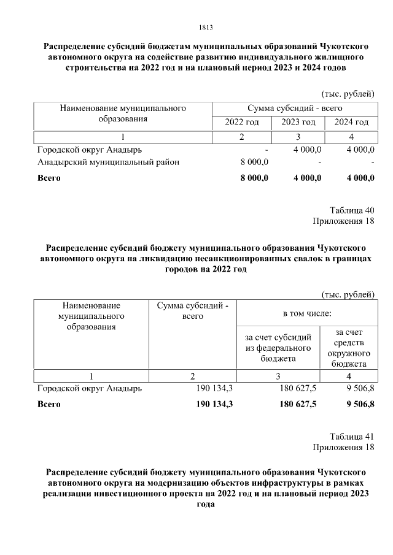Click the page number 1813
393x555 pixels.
tap(206, 28)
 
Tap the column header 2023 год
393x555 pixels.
tap(298, 122)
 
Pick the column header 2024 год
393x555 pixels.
tap(351, 122)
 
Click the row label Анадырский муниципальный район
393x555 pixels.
tap(108, 162)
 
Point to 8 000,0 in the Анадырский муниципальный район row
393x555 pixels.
tap(254, 162)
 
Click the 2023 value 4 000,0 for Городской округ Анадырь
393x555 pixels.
tap(308, 149)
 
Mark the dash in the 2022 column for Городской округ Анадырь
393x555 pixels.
tap(266, 149)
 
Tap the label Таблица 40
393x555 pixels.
tap(352, 210)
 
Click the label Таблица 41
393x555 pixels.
tap(352, 437)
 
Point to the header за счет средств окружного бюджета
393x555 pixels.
tap(348, 348)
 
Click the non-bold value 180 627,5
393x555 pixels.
tap(297, 388)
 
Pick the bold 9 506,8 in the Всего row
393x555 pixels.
tap(360, 404)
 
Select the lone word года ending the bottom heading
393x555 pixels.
tap(206, 506)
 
